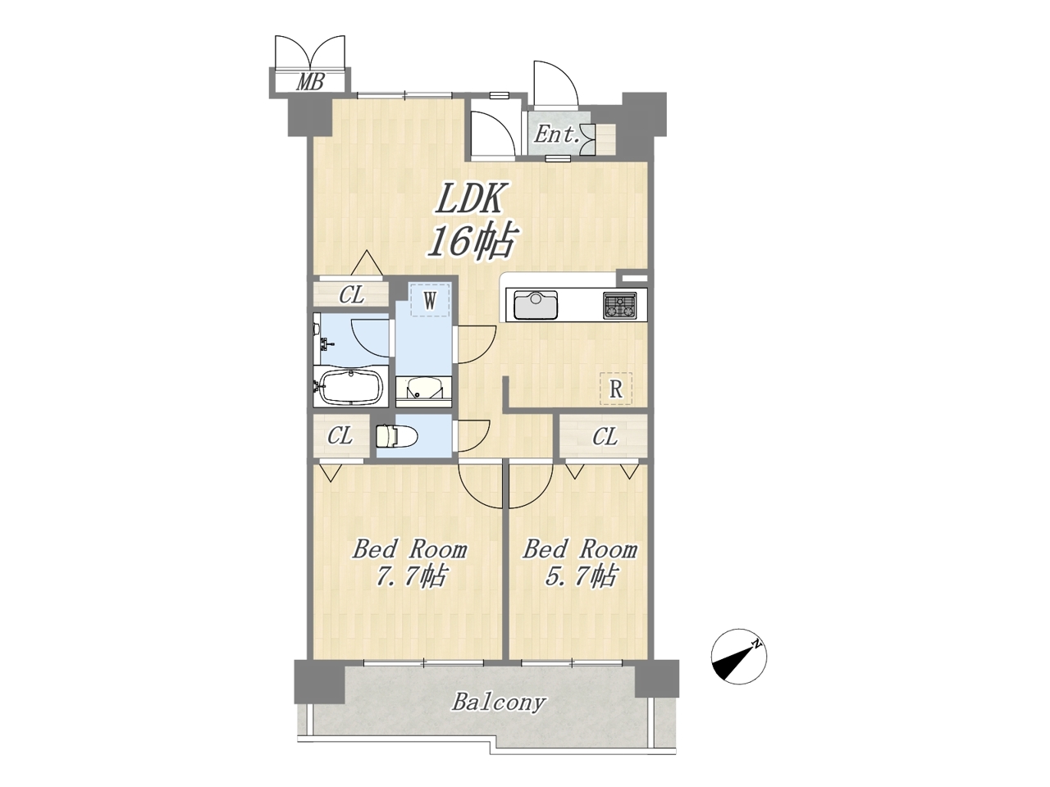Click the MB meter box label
pyautogui.click(x=310, y=82)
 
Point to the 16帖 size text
pyautogui.click(x=472, y=241)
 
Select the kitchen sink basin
pyautogui.click(x=536, y=305)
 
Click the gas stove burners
pyautogui.click(x=619, y=305)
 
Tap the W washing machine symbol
pyautogui.click(x=430, y=300)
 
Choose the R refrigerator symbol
pyautogui.click(x=616, y=389)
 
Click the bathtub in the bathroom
pyautogui.click(x=351, y=387)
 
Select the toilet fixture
pyautogui.click(x=397, y=436)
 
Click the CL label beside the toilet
pyautogui.click(x=340, y=436)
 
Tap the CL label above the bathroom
pyautogui.click(x=352, y=295)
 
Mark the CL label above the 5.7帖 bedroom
pyautogui.click(x=605, y=436)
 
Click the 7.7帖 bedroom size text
pyautogui.click(x=410, y=577)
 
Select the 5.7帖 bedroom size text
pyautogui.click(x=580, y=577)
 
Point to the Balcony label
pyautogui.click(x=499, y=703)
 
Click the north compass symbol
pyautogui.click(x=738, y=656)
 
